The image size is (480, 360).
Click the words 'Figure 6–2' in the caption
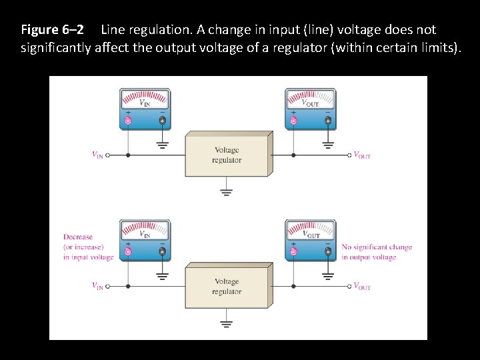(52, 30)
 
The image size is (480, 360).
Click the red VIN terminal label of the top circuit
(97, 155)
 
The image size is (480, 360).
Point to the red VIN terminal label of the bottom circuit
(97, 287)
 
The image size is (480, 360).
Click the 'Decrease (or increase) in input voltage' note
(88, 247)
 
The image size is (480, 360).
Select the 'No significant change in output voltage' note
(377, 252)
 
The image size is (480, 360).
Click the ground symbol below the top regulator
(227, 191)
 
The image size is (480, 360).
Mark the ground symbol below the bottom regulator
(227, 323)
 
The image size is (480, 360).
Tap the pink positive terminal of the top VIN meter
(128, 121)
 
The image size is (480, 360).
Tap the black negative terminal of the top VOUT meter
(327, 121)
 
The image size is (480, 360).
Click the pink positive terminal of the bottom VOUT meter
(293, 252)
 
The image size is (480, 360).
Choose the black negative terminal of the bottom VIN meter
(162, 252)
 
